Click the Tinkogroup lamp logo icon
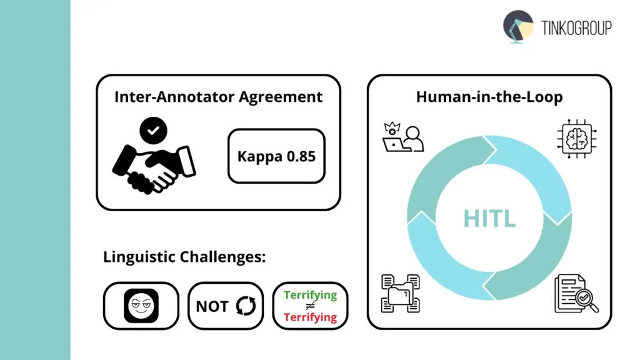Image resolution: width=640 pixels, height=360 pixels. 518,26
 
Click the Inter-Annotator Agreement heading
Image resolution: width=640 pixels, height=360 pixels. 218,97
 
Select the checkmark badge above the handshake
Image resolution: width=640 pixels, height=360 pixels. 153,131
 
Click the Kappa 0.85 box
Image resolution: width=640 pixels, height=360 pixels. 276,156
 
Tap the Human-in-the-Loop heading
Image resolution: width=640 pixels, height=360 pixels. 489,97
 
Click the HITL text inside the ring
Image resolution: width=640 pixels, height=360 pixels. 489,218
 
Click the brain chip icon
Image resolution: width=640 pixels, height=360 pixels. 574,138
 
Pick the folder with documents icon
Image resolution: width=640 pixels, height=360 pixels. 401,292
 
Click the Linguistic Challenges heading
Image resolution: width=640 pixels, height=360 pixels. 184,257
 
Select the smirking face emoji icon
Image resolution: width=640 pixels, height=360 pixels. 141,306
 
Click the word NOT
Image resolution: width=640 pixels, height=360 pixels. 212,306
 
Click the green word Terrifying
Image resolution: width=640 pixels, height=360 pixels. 310,295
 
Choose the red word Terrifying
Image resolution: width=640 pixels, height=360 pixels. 310,317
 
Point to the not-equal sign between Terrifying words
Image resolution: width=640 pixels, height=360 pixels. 310,306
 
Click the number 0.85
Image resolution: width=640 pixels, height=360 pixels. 301,156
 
